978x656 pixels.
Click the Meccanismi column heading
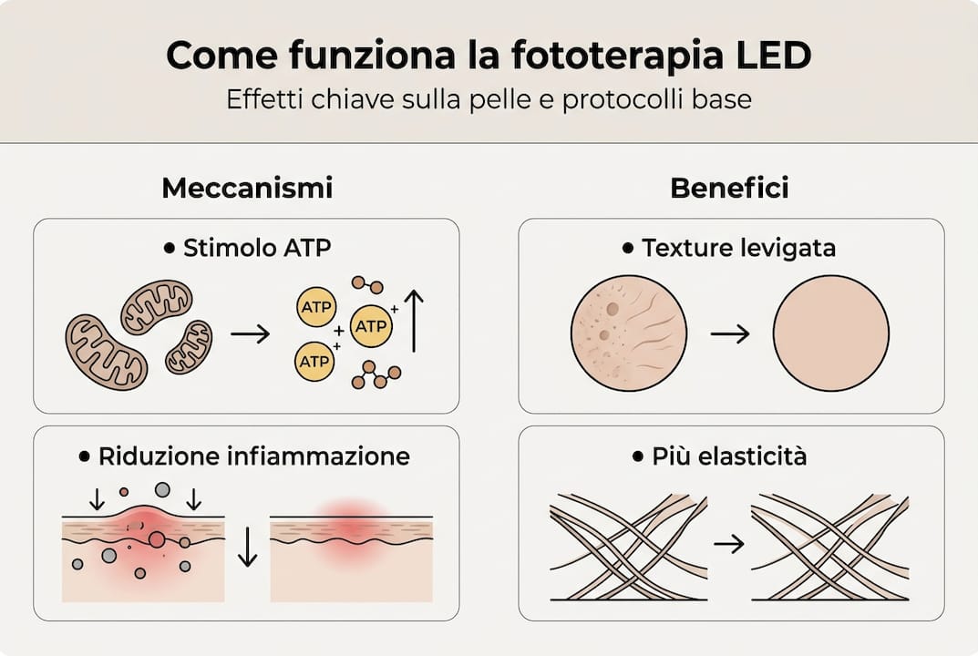(247, 189)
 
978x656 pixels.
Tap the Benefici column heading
(729, 189)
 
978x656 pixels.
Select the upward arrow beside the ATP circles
(414, 321)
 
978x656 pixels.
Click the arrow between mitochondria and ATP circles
(251, 334)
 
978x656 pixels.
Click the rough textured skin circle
(629, 333)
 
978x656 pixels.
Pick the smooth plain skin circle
(830, 333)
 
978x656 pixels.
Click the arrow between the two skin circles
(729, 334)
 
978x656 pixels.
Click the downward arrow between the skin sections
(247, 547)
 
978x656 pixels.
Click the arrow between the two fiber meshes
(729, 545)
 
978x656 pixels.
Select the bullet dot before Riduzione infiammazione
(85, 456)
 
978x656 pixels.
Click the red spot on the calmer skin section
(351, 525)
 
